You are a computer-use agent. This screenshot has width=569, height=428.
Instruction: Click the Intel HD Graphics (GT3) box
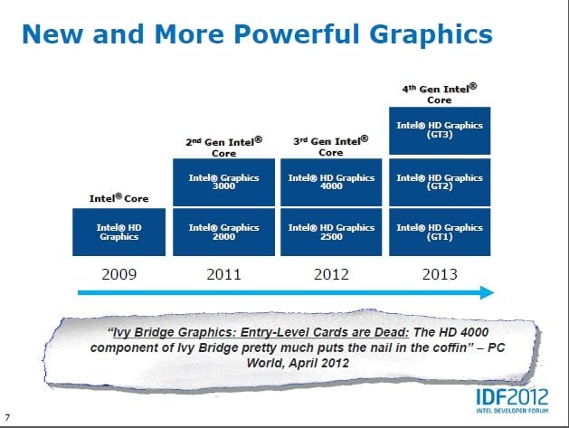[x=440, y=130]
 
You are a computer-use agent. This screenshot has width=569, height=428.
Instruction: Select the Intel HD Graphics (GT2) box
[x=440, y=182]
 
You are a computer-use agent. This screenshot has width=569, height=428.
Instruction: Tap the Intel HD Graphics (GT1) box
[x=440, y=232]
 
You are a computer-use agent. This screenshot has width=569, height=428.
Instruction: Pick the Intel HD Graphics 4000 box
[x=331, y=182]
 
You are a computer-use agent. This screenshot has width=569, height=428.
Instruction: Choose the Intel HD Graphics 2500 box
[x=331, y=232]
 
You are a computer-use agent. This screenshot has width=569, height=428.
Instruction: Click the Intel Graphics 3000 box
[x=223, y=182]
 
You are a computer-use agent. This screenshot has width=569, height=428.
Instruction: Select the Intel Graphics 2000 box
[x=223, y=232]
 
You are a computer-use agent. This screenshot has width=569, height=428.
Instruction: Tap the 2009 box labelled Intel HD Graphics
[x=119, y=232]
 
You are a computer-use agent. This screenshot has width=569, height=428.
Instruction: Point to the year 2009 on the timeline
[x=119, y=274]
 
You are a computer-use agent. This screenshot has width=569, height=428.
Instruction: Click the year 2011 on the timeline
[x=223, y=274]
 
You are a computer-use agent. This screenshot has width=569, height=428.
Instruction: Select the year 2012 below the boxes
[x=331, y=274]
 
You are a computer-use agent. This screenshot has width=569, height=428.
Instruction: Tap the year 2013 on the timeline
[x=440, y=274]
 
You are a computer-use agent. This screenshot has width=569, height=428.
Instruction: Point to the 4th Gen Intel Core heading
[x=439, y=94]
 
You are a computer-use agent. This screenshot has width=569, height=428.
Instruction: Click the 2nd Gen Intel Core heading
[x=223, y=147]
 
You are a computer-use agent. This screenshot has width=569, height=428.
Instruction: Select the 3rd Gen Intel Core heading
[x=330, y=146]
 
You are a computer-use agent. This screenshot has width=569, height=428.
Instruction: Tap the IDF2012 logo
[x=512, y=401]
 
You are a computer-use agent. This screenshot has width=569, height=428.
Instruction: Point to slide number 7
[x=7, y=417]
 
